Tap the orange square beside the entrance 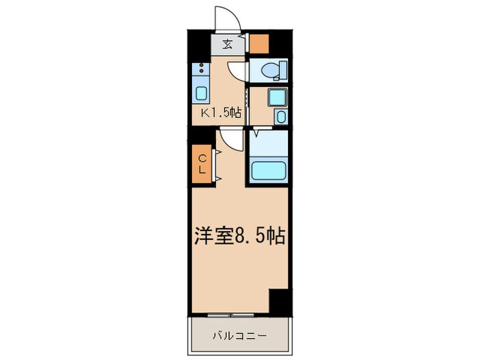(259, 43)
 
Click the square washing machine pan (276, 98)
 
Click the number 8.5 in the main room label (252, 237)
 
